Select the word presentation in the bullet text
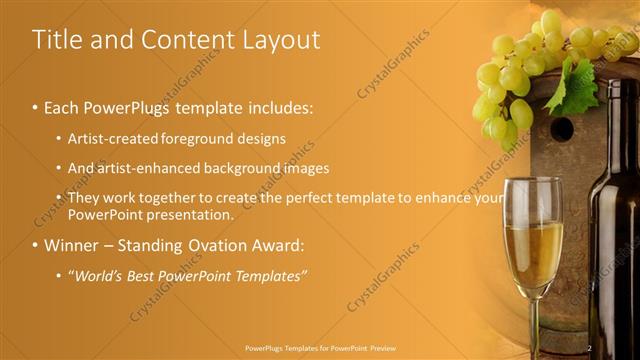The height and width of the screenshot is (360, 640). tap(189, 214)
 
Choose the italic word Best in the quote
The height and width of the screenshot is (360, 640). tap(142, 275)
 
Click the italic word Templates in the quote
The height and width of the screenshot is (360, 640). tap(266, 275)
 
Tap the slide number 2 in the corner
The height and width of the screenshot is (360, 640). tap(590, 347)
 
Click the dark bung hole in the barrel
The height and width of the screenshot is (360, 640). tap(562, 129)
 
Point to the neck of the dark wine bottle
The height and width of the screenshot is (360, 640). tap(613, 150)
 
